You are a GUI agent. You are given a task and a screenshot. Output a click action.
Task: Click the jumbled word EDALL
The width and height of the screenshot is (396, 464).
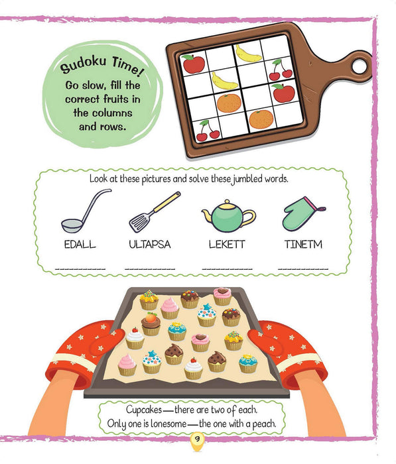coord(78,244)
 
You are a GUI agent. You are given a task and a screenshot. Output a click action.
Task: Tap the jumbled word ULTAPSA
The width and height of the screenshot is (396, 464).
coord(150,244)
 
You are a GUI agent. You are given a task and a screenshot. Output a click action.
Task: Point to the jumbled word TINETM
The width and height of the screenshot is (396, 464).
coord(303,244)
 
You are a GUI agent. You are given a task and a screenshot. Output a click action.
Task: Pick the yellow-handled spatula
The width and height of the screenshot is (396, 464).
coord(154,211)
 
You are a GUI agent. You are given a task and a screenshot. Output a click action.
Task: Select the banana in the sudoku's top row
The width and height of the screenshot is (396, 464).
coord(248,53)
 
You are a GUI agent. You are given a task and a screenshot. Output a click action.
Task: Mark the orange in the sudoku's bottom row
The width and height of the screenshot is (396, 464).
coord(261,119)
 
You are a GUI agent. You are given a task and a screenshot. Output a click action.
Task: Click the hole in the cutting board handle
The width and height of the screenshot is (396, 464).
coord(360,66)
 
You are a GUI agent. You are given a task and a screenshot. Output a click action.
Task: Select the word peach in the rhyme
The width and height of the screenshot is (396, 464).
coord(271,424)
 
